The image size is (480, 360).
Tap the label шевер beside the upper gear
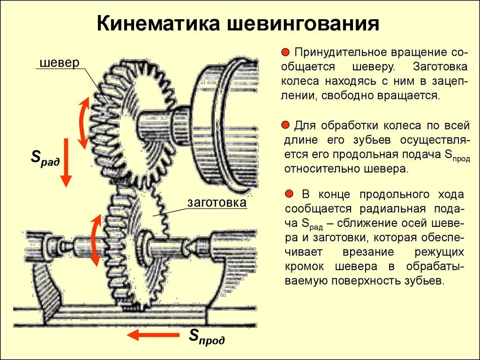(x=59, y=63)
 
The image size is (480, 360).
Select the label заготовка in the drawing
(x=217, y=203)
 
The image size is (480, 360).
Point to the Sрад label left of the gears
(x=45, y=158)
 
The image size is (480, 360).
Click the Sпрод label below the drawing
(x=207, y=337)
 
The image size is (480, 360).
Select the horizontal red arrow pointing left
(x=153, y=335)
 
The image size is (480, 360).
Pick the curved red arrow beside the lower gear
(x=95, y=240)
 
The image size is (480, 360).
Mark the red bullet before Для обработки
(x=285, y=125)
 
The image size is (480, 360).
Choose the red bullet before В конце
(x=289, y=194)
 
